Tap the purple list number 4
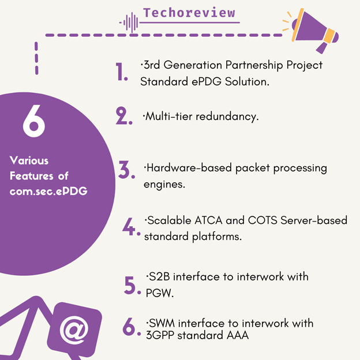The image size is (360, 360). [x=131, y=227]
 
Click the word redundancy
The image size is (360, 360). [x=227, y=117]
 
